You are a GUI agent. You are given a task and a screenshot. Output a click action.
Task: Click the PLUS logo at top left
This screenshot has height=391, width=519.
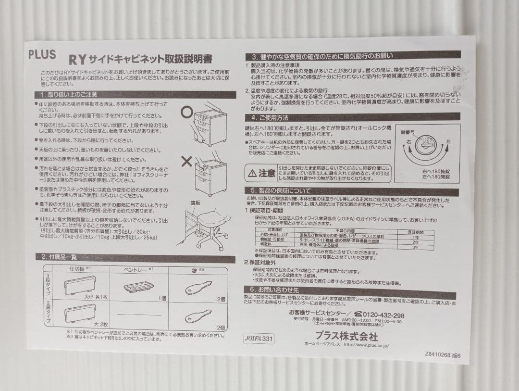(42, 54)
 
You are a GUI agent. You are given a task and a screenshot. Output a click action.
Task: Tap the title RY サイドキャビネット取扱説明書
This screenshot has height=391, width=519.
(140, 60)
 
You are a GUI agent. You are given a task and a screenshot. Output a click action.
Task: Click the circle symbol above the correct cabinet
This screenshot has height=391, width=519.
(186, 112)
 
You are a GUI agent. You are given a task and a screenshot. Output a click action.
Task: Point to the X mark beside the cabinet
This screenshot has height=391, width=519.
(186, 161)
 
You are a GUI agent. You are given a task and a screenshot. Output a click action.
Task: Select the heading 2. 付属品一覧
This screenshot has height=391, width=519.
(57, 257)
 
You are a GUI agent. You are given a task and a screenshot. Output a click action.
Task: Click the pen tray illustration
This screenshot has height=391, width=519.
(138, 287)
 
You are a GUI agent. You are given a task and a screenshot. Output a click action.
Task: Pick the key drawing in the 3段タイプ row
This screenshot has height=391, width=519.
(198, 288)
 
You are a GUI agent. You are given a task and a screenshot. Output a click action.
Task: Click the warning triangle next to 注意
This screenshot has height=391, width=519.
(252, 173)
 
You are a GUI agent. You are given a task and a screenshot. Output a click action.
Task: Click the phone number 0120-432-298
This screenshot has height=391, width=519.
(380, 315)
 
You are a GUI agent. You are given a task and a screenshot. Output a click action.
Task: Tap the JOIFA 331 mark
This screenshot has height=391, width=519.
(259, 338)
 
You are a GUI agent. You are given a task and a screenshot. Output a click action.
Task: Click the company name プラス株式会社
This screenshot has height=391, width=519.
(346, 335)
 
